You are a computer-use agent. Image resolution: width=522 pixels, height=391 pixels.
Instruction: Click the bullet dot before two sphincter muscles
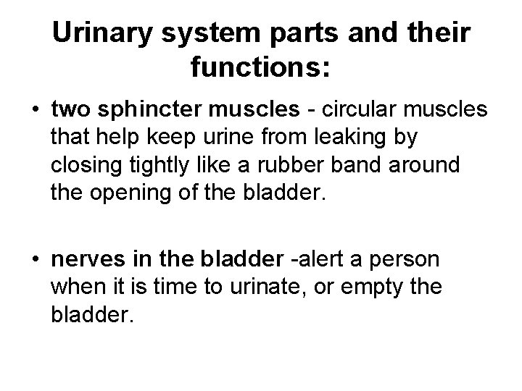(36, 110)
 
